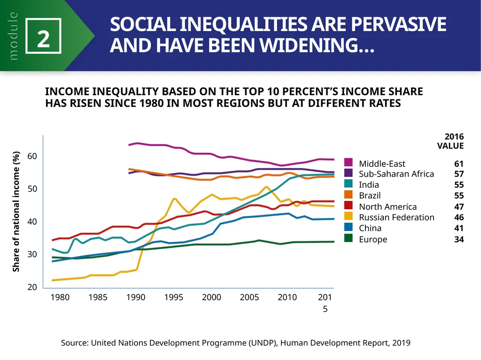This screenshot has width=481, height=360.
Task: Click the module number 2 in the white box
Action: tap(43, 39)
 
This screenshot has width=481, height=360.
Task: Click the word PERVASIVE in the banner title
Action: tap(398, 24)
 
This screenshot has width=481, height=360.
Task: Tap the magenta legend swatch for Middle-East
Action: tap(348, 162)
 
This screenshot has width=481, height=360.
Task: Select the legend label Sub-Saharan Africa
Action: tap(396, 174)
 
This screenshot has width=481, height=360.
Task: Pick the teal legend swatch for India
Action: tap(348, 184)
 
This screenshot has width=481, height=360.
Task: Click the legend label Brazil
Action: tap(370, 195)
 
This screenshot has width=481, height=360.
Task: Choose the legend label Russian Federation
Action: tap(396, 217)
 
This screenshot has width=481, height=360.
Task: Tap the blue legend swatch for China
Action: tap(348, 227)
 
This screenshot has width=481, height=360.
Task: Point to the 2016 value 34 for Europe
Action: tap(459, 239)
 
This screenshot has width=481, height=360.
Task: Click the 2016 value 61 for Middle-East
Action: tap(459, 164)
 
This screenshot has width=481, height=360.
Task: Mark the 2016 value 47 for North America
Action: tap(459, 207)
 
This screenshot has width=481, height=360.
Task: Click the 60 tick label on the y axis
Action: tap(32, 156)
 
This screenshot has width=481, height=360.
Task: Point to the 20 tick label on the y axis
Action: tap(32, 287)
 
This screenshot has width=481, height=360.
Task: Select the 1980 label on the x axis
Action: tap(60, 297)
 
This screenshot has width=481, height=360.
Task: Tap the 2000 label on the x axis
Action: tap(211, 297)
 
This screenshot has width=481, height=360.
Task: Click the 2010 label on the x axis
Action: tap(287, 297)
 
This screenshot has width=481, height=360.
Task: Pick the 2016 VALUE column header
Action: tap(450, 141)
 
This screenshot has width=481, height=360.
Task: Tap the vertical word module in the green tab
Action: tap(13, 36)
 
